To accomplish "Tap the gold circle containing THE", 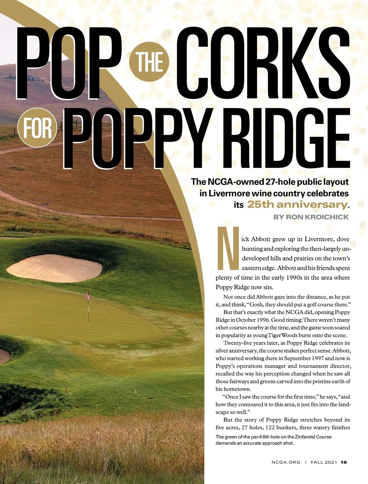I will pos(150,62).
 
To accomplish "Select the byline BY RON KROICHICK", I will pos(311,217).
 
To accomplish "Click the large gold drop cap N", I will pos(228,248).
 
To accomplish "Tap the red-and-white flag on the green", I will pos(88,295).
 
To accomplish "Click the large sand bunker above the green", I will pos(55,270).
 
